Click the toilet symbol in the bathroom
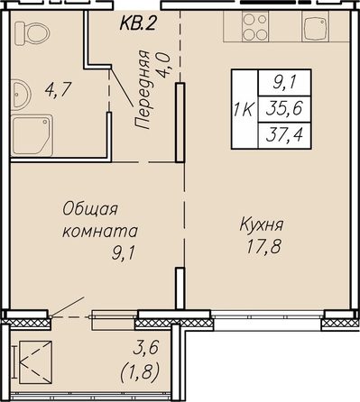[x=32, y=33]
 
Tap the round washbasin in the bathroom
[x=21, y=95]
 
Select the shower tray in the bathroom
[x=32, y=135]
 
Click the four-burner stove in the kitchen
[x=255, y=26]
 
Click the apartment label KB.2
[x=138, y=23]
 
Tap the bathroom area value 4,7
[x=58, y=89]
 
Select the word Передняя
[x=142, y=89]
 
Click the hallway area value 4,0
[x=165, y=65]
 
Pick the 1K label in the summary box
[x=245, y=110]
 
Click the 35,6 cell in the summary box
[x=284, y=109]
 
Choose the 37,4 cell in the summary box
[x=284, y=135]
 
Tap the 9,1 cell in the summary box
[x=284, y=83]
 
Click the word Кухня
[x=262, y=224]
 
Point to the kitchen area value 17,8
[x=263, y=247]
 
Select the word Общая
[x=90, y=209]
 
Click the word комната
[x=100, y=231]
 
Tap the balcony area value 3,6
[x=146, y=349]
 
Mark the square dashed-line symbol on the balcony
[x=35, y=362]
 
